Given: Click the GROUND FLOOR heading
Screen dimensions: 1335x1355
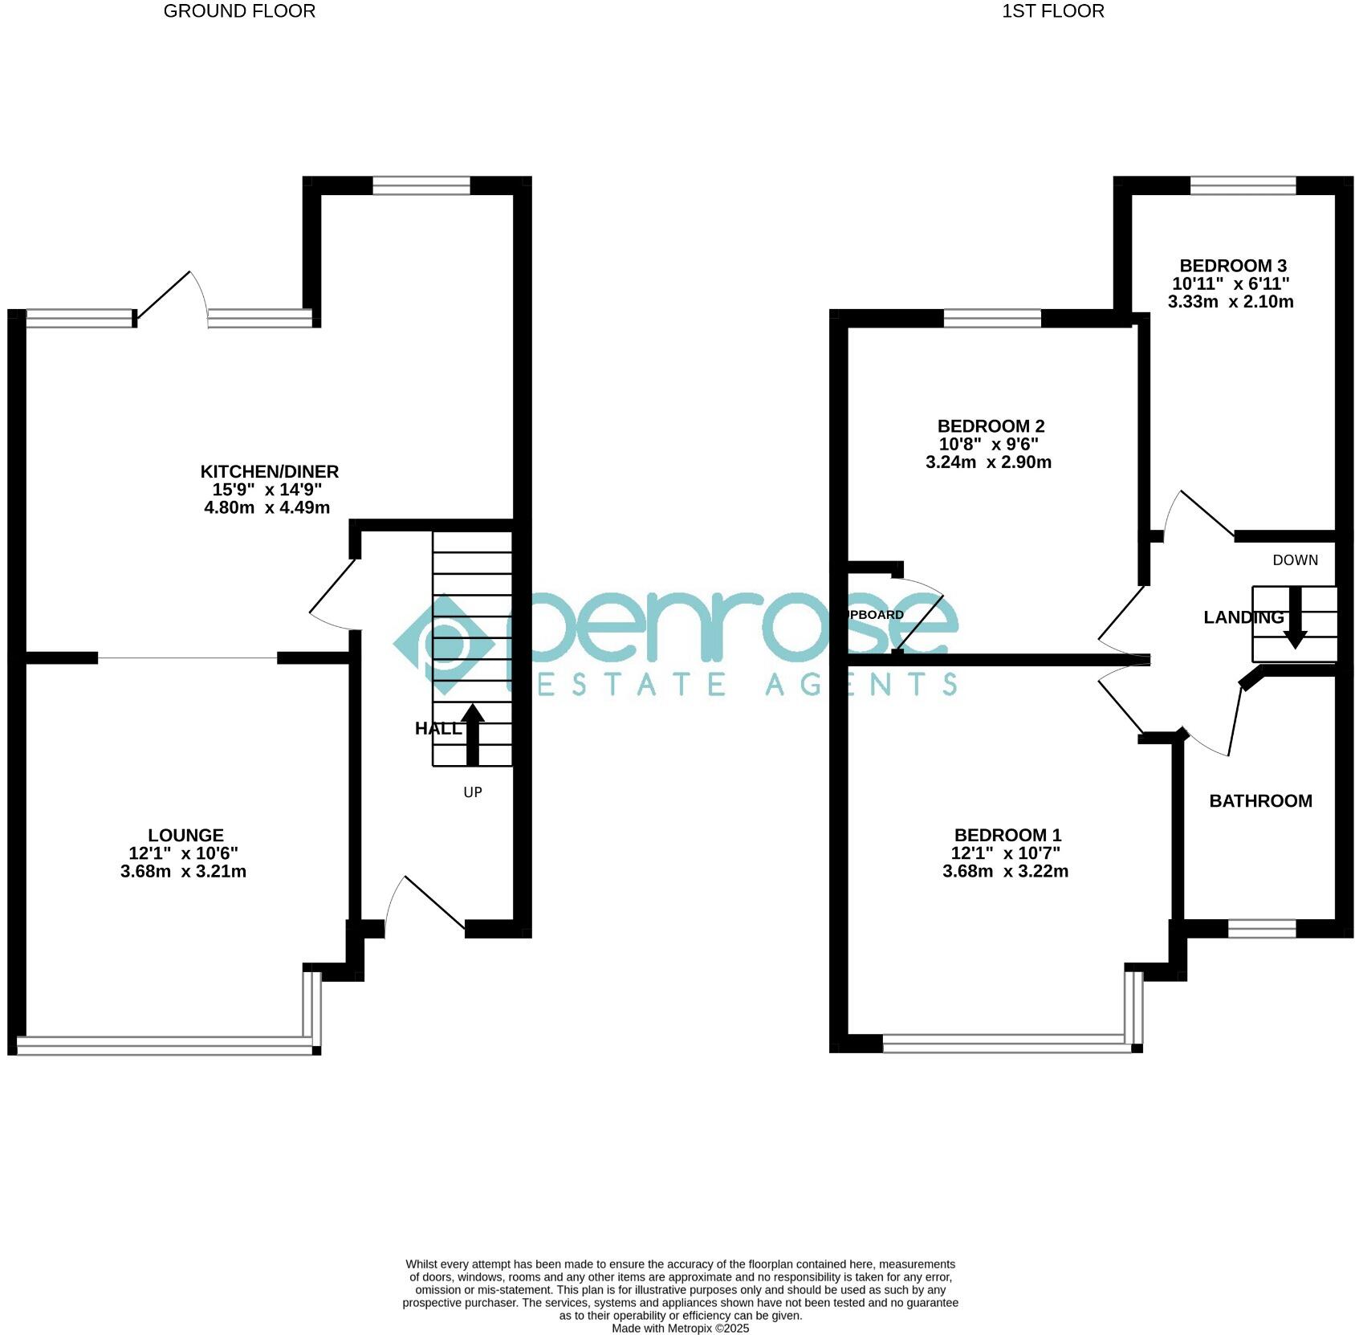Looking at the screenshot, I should point(239,11).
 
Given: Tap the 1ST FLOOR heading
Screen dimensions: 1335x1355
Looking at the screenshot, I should point(1052,11).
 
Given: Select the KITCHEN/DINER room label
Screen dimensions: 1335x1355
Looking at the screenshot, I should point(270,471).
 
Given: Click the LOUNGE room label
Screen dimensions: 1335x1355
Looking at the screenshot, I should point(185,835).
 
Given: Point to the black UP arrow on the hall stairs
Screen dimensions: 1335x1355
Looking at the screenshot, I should point(472,734).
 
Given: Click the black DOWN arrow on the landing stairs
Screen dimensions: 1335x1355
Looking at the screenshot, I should point(1295,617).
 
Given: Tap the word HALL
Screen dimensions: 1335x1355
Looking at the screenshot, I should point(437,728).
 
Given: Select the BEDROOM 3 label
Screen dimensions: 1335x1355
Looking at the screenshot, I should point(1232,266).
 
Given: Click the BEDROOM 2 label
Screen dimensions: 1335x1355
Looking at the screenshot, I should point(991,426).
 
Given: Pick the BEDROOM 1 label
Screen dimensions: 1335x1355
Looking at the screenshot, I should point(1007,835).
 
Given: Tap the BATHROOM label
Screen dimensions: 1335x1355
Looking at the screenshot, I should point(1260,800).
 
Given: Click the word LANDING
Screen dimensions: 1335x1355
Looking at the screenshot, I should point(1243,617).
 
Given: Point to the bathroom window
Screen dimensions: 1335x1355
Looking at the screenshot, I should point(1262,929).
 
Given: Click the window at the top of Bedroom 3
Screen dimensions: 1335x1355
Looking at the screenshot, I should point(1243,185).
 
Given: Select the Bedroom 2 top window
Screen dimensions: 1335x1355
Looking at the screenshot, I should point(992,319).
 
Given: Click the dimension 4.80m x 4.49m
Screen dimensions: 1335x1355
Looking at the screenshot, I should point(267,507).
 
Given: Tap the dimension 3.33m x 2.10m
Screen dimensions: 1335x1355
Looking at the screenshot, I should point(1231,302).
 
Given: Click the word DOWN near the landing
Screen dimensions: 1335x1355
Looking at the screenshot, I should point(1295,560).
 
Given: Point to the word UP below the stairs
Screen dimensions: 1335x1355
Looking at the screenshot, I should point(473,792).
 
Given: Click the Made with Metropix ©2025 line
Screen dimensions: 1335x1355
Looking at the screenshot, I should point(680,1329).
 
